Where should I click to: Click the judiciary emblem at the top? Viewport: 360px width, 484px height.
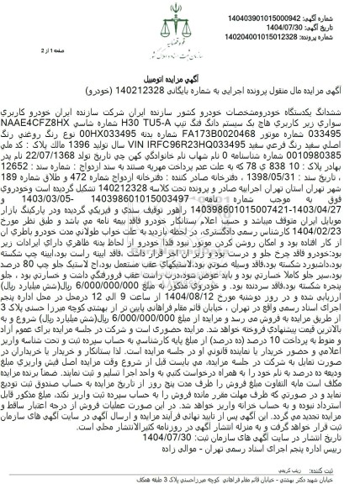pyautogui.click(x=179, y=28)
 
